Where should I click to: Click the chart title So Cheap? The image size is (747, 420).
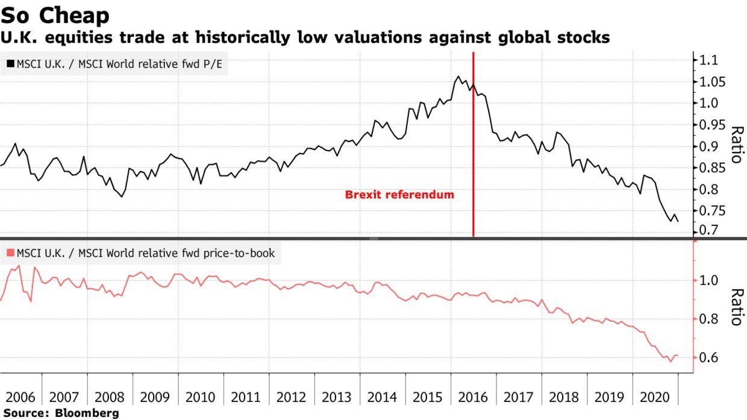55,15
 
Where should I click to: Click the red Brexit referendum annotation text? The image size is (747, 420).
399,195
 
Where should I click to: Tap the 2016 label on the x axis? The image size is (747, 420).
474,398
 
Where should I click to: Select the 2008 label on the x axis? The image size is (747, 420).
110,398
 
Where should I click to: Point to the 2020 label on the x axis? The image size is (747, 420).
655,398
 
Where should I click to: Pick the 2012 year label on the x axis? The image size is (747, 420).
292,398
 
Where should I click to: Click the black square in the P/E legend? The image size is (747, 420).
10,63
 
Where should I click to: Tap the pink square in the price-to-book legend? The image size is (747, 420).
10,254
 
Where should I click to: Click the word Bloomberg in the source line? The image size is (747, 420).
87,413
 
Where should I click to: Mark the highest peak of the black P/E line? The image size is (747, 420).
458,77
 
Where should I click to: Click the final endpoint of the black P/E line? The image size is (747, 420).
678,222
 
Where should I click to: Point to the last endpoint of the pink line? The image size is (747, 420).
678,356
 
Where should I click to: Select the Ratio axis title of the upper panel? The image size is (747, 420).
736,145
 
